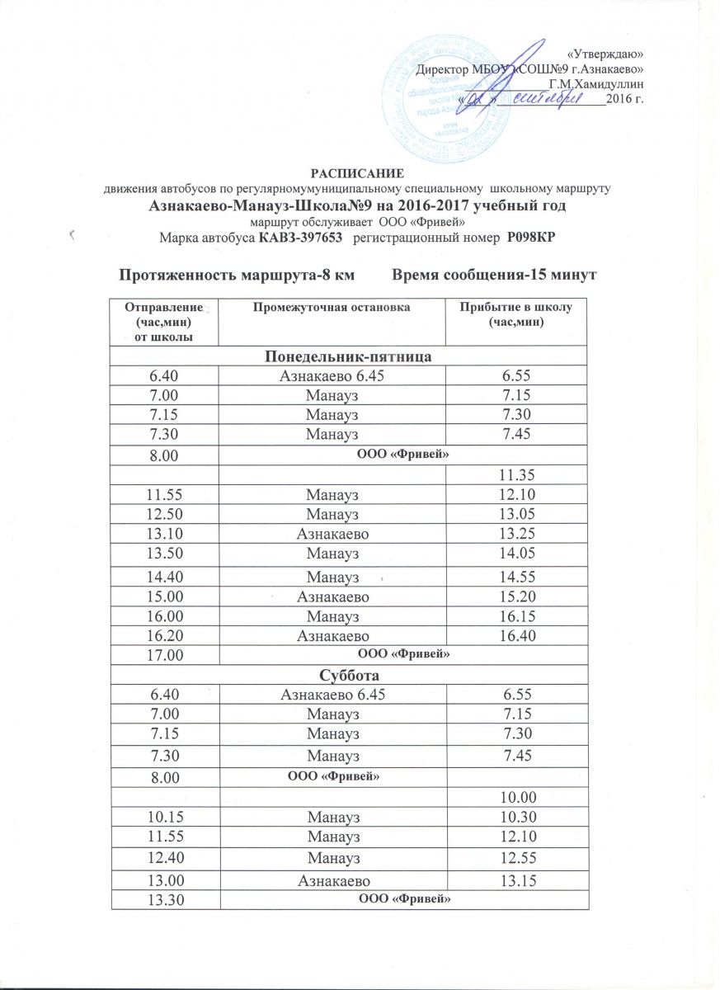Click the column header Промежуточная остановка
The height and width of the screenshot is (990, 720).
(331, 308)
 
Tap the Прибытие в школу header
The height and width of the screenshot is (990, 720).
(515, 314)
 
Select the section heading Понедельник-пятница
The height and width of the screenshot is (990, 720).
(349, 356)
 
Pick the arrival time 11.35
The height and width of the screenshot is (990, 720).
(517, 475)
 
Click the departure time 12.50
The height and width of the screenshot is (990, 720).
(163, 514)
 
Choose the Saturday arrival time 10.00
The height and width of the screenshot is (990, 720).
(517, 797)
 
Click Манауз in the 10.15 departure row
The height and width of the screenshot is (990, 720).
(332, 817)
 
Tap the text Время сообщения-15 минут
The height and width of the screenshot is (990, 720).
(494, 274)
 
